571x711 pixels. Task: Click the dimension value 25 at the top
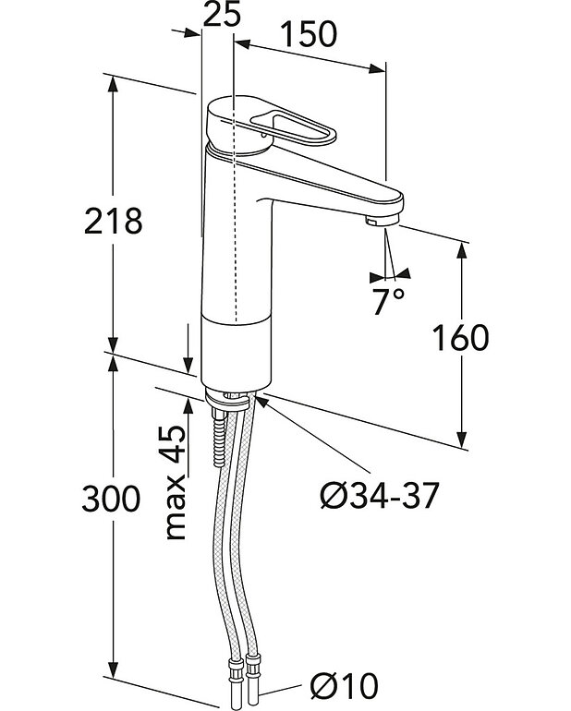pyautogui.click(x=219, y=15)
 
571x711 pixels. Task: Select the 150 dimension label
pyautogui.click(x=309, y=34)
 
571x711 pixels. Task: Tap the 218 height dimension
pyautogui.click(x=114, y=222)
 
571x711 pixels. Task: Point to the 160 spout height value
pyautogui.click(x=461, y=339)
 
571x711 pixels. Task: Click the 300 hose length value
pyautogui.click(x=111, y=500)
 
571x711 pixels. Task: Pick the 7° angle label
pyautogui.click(x=389, y=302)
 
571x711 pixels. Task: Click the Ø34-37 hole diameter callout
pyautogui.click(x=378, y=497)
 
